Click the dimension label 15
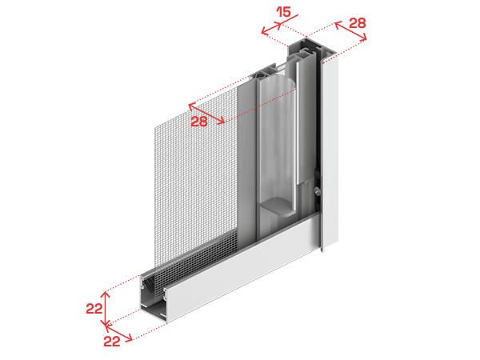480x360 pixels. point(283,12)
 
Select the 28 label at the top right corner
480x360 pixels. point(358,23)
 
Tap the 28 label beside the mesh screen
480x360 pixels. point(199,122)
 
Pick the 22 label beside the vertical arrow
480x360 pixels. point(94,309)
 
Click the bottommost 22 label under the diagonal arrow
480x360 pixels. point(112,341)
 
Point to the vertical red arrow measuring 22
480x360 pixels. point(106,309)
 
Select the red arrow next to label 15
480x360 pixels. point(271,28)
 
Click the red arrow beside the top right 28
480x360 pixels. point(350,30)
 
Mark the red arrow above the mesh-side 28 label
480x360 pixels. point(206,114)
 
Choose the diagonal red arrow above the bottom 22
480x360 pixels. point(118,333)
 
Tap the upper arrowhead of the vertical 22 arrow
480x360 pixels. point(106,294)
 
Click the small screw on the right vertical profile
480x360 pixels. point(317,191)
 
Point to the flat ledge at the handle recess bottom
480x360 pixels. point(279,206)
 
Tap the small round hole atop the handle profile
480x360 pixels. point(261,74)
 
